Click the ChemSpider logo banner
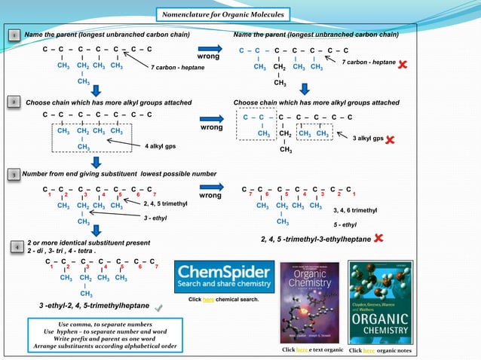click(x=223, y=277)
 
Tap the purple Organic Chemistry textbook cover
click(x=310, y=302)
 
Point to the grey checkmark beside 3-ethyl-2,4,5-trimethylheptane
click(x=158, y=308)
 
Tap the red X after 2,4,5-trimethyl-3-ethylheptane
click(x=378, y=238)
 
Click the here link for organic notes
click(x=369, y=351)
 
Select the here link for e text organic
click(x=302, y=351)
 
